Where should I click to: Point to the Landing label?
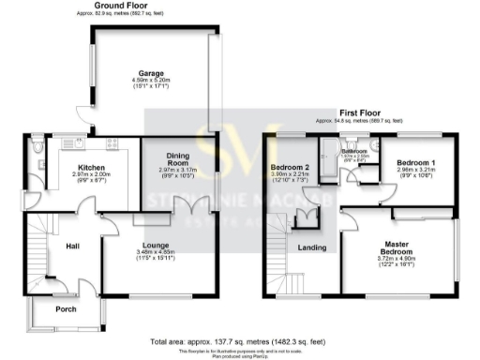point(310,247)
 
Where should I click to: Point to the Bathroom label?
point(354,150)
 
